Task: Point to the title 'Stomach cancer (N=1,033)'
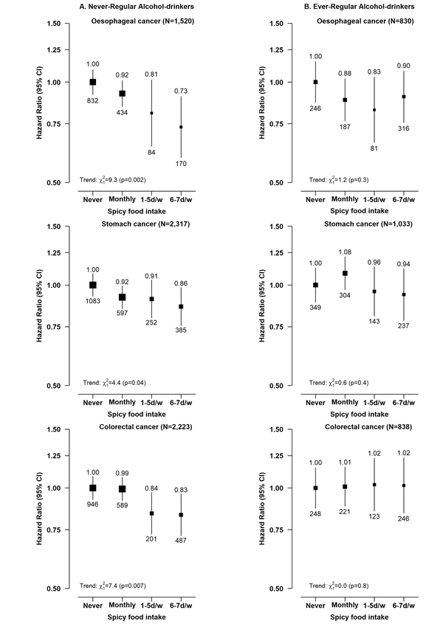(x=368, y=224)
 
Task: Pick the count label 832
(x=93, y=100)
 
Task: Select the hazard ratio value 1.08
(x=344, y=252)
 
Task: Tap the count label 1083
(x=93, y=303)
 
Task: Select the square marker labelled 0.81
(x=152, y=113)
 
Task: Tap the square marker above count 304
(x=344, y=273)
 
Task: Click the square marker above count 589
(x=123, y=488)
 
